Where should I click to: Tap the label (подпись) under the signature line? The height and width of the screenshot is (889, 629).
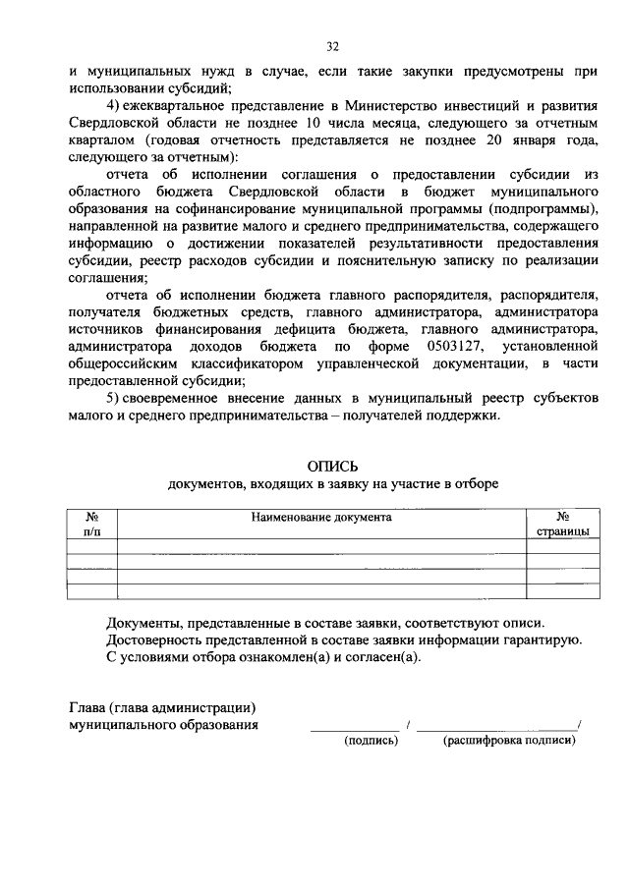[371, 741]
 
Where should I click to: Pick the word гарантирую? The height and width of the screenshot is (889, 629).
[544, 639]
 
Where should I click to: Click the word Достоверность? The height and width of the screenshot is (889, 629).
[154, 639]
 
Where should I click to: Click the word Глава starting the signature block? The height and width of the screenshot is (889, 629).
[89, 707]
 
